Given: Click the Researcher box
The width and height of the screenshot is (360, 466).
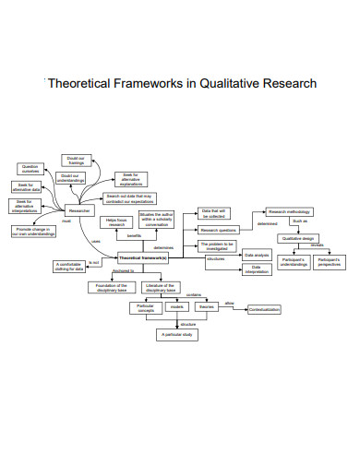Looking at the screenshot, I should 80,211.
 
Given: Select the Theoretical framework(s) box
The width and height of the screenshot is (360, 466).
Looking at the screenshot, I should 144,258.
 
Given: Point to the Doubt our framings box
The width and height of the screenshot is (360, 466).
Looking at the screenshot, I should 89,160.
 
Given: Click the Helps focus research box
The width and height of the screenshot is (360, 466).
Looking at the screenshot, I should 116,222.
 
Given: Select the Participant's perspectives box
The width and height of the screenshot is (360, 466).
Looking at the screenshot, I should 329,263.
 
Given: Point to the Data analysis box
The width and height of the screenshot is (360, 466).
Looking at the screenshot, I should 256,254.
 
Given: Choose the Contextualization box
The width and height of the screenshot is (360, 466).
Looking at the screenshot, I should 263,309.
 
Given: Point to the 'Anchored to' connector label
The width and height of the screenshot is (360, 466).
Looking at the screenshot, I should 123,271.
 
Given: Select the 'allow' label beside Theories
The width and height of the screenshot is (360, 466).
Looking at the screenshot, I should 229,303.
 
